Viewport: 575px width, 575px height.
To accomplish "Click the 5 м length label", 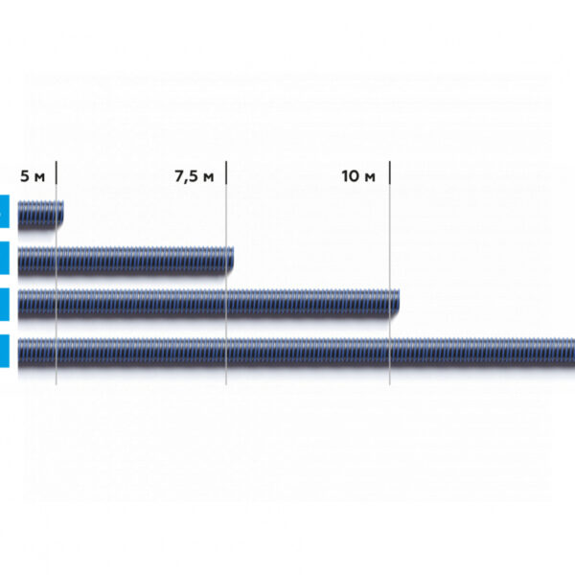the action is click(x=33, y=176).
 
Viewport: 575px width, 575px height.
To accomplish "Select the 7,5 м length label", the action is click(x=194, y=176).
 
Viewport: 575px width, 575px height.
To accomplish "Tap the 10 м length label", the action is click(x=358, y=176).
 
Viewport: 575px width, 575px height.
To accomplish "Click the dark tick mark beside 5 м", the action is click(x=57, y=172).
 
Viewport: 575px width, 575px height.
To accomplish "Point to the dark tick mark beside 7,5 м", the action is click(x=226, y=172).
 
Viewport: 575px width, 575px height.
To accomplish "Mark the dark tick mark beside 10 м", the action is click(x=389, y=172).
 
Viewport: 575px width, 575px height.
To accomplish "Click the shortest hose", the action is click(x=40, y=215).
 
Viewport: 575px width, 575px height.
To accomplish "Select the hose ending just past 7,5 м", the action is click(x=126, y=261).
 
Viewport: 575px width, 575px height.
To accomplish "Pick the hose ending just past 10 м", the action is click(x=208, y=304).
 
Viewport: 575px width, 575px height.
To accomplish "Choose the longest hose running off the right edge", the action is click(x=296, y=353).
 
